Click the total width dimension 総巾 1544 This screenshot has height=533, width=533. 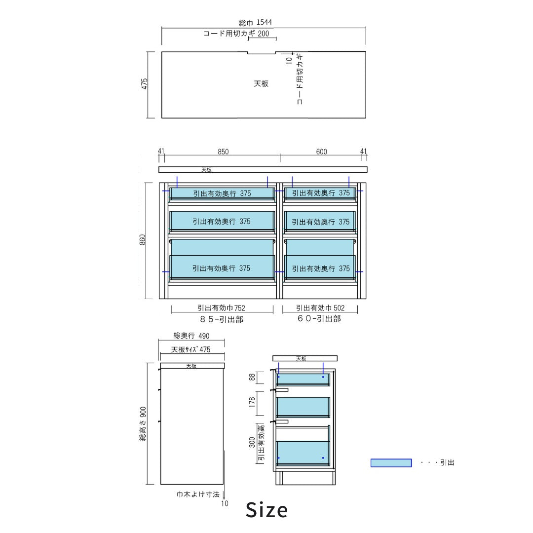pyautogui.click(x=255, y=23)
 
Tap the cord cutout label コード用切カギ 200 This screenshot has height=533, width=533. pyautogui.click(x=236, y=34)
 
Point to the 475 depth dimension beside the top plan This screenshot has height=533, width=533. pyautogui.click(x=144, y=84)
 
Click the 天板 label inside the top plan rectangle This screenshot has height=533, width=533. pyautogui.click(x=261, y=84)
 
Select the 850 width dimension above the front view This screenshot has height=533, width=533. pyautogui.click(x=223, y=152)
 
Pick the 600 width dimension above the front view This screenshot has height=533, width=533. pyautogui.click(x=321, y=152)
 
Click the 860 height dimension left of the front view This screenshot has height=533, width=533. pyautogui.click(x=143, y=240)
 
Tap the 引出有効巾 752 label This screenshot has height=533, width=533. pyautogui.click(x=221, y=308)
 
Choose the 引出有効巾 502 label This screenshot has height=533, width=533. pyautogui.click(x=320, y=308)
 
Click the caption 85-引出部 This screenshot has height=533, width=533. pyautogui.click(x=222, y=319)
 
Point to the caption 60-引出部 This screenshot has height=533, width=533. pyautogui.click(x=319, y=319)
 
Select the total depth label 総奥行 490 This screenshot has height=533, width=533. pyautogui.click(x=191, y=336)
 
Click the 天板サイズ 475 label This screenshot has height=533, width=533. pyautogui.click(x=191, y=350)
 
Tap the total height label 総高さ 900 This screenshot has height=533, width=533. pyautogui.click(x=143, y=423)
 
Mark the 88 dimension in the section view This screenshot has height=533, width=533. pyautogui.click(x=252, y=378)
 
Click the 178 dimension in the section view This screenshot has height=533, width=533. pyautogui.click(x=252, y=403)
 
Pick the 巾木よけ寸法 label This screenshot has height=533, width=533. pyautogui.click(x=198, y=494)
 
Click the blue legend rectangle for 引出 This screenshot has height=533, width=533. pyautogui.click(x=391, y=463)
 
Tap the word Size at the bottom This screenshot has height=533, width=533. pyautogui.click(x=266, y=510)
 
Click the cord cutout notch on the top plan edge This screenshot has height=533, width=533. pyautogui.click(x=261, y=52)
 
